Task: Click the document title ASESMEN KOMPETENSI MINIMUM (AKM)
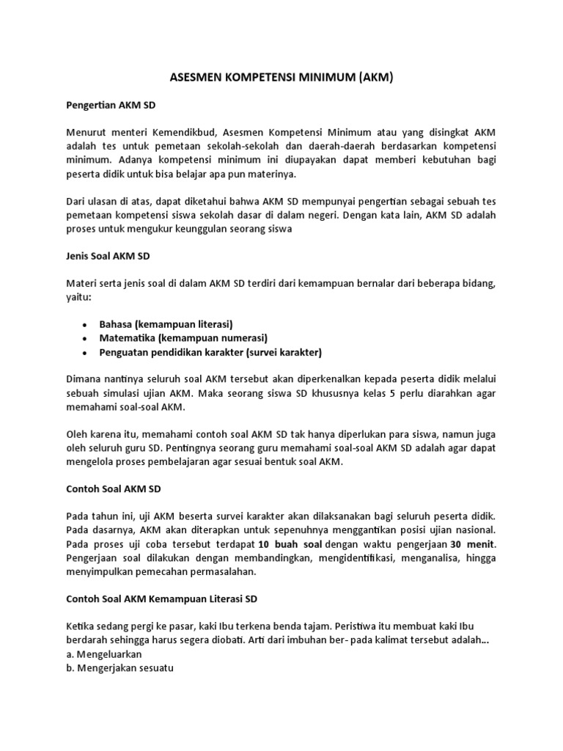[281, 76]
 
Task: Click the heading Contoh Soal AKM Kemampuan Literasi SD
[158, 598]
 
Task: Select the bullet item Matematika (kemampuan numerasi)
[183, 337]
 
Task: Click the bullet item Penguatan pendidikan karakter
[211, 352]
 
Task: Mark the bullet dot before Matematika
[87, 338]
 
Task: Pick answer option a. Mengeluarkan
[103, 653]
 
